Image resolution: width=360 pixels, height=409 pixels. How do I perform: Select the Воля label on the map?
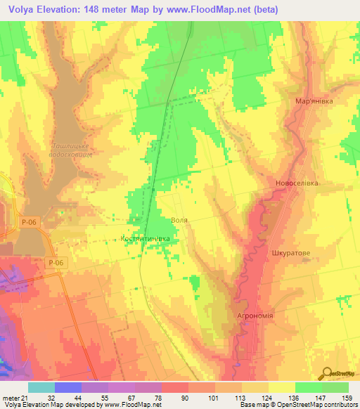(x=180, y=220)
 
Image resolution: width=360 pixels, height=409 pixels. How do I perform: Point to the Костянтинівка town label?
(x=146, y=239)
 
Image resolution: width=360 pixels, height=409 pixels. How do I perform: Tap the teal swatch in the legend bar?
(x=41, y=387)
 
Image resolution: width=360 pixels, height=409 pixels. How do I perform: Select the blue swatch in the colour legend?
(x=67, y=387)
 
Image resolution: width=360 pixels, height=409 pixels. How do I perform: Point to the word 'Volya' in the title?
(x=22, y=10)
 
